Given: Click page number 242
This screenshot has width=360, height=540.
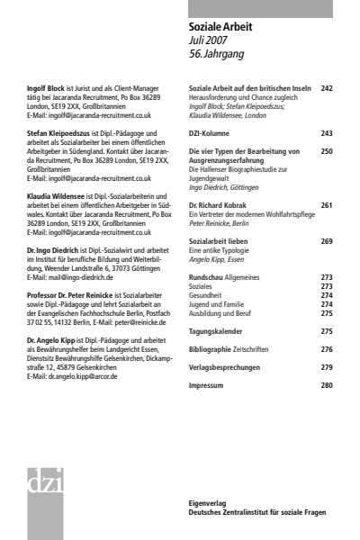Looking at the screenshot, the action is pos(326,88).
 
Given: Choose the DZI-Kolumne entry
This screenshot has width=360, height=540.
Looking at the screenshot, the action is pos(208,133).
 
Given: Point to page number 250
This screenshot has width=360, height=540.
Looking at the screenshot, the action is pos(326,152).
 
